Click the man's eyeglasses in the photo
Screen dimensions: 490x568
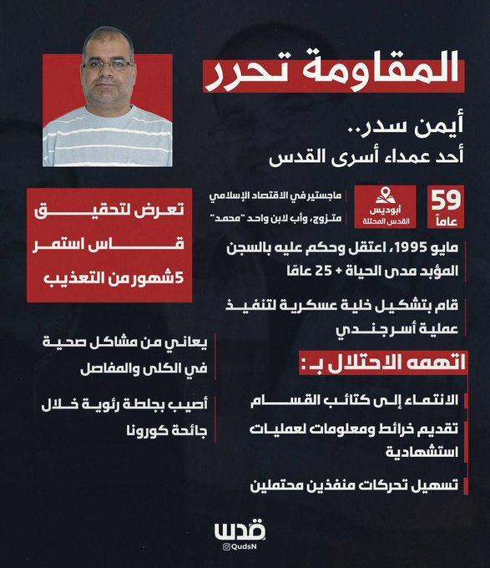(x=107, y=64)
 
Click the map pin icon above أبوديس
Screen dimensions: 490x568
(x=386, y=195)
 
